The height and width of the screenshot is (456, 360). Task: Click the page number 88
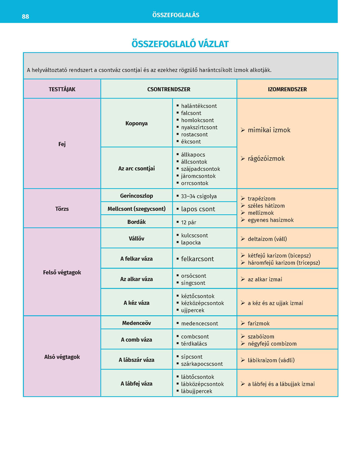(x=25, y=17)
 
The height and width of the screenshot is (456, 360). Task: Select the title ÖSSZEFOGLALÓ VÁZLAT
(x=180, y=44)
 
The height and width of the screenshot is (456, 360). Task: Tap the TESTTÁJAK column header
(x=62, y=89)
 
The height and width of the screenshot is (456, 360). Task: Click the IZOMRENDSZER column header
(x=287, y=89)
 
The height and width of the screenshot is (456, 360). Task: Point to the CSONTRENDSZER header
(x=168, y=89)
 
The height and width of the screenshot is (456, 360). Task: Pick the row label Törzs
(x=62, y=209)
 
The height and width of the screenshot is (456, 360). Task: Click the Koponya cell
(x=136, y=123)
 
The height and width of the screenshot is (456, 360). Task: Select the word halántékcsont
(x=199, y=106)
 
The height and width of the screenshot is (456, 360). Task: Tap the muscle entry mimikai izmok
(x=269, y=130)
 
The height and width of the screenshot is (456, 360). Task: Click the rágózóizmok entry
(x=266, y=159)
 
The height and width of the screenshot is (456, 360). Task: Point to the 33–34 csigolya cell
(x=199, y=196)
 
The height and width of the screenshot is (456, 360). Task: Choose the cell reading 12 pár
(x=189, y=222)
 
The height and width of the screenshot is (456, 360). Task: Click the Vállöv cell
(x=136, y=238)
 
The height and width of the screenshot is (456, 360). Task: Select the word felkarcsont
(x=197, y=259)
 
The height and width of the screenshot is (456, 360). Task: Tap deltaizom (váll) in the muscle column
(x=267, y=239)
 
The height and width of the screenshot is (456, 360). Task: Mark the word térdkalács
(x=194, y=344)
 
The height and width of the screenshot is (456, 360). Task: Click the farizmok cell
(x=258, y=324)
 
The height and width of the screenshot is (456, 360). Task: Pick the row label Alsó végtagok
(x=62, y=357)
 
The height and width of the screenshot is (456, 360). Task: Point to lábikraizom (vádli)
(x=271, y=360)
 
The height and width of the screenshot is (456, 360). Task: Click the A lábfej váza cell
(x=136, y=384)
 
